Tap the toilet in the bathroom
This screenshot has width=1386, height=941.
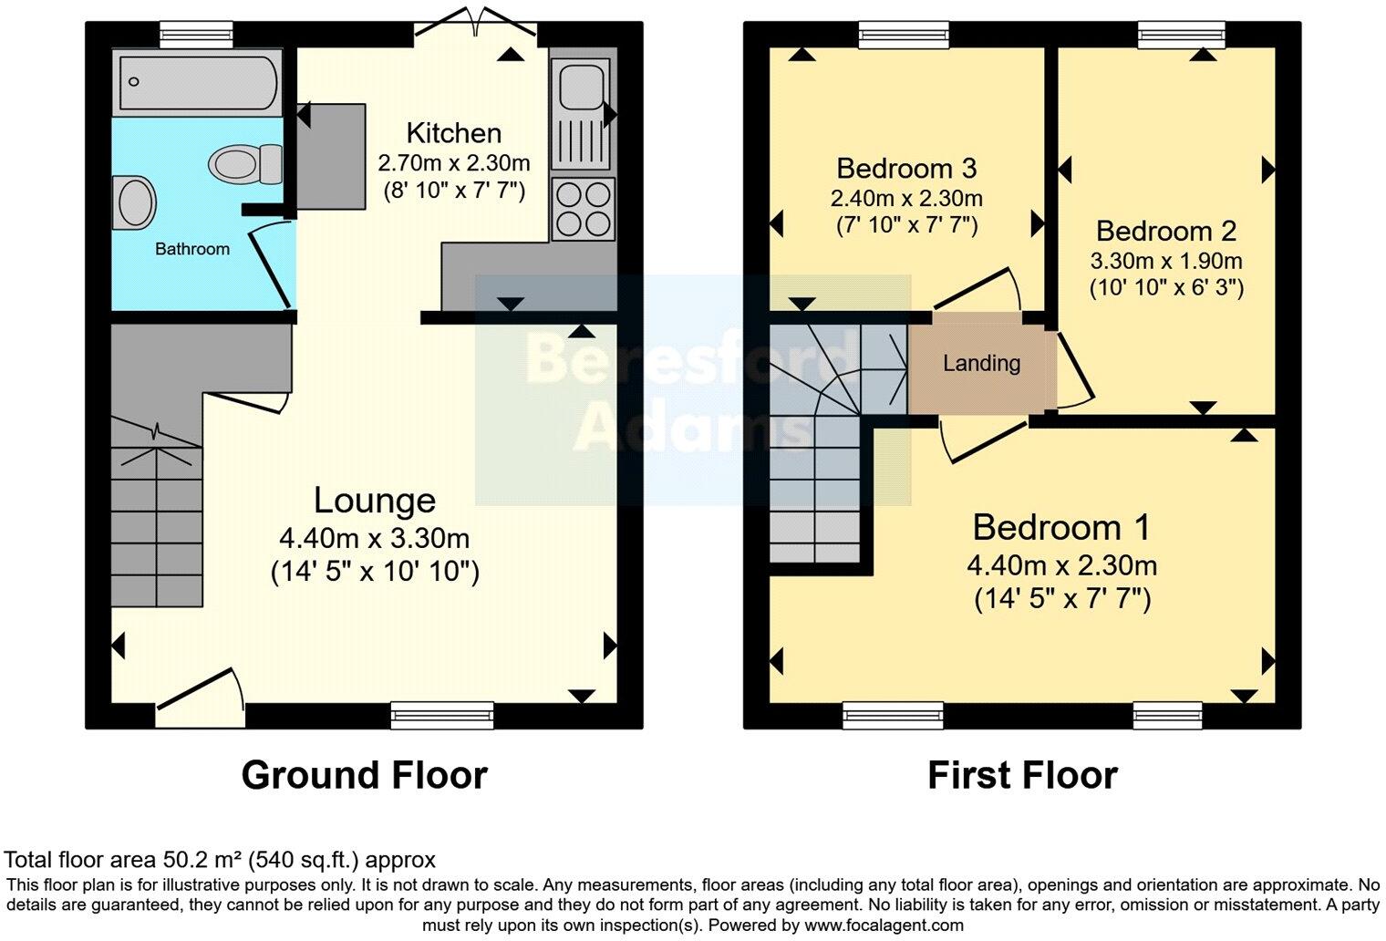pos(246,164)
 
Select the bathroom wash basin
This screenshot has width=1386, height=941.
pos(137,201)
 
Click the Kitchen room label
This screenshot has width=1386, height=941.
pos(453,133)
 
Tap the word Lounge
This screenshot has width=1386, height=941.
pos(375,500)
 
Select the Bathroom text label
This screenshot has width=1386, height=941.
pos(191,249)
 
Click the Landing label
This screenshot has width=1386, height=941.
pos(981,364)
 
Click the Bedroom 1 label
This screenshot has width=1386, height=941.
pos(1061,527)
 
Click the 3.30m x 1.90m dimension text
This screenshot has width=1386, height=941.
pos(1165,261)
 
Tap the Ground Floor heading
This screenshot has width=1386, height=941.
pos(364,775)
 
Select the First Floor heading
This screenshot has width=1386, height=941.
pos(1022,775)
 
